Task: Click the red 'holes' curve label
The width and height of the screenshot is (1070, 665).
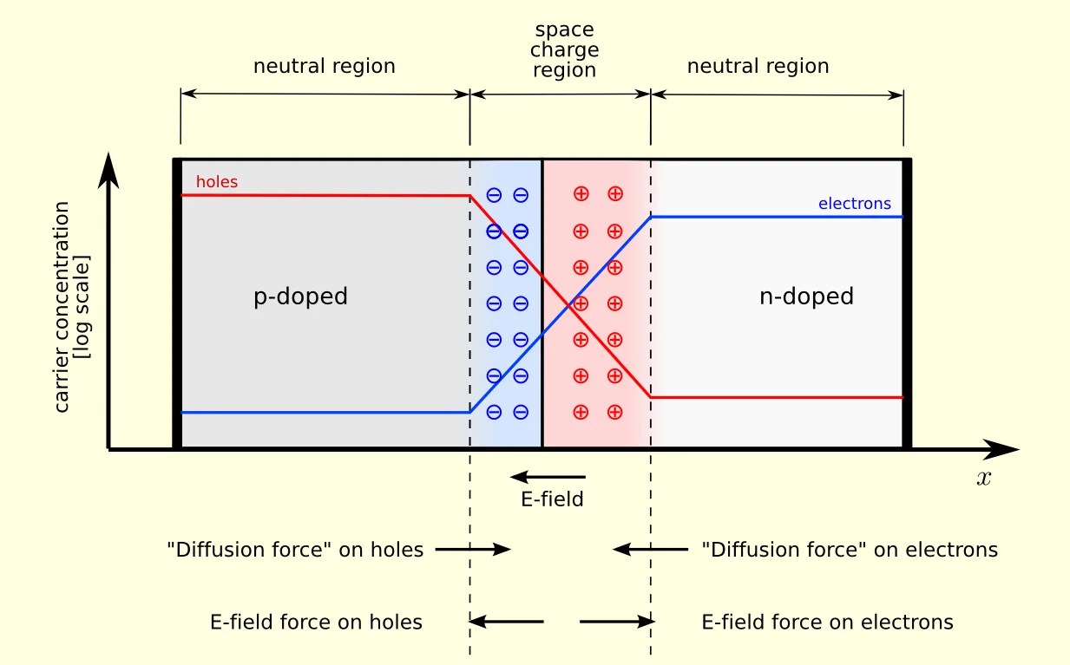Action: pos(216,182)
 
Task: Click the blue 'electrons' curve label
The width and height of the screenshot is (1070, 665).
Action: pos(854,204)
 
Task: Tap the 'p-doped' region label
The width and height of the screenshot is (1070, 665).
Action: pos(300,297)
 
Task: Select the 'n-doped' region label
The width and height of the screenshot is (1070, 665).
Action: pos(806,297)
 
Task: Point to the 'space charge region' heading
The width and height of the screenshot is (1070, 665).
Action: pos(564,50)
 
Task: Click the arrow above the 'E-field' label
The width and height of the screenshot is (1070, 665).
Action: pos(548,476)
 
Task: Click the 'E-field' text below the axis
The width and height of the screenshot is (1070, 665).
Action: pos(551,499)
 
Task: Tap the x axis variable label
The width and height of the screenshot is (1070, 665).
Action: pos(983,478)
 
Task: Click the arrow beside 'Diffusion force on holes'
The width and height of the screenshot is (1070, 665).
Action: pos(473,549)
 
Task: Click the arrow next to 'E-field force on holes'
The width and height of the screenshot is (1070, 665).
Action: pos(507,622)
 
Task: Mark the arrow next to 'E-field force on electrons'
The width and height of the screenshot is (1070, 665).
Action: pos(615,622)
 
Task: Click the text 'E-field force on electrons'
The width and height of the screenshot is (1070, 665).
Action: pos(826,622)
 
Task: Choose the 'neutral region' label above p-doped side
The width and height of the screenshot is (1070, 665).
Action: pos(324,66)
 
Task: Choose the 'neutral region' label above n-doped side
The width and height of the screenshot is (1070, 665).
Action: pos(758,66)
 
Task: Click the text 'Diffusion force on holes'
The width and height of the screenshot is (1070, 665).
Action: pos(295,549)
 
